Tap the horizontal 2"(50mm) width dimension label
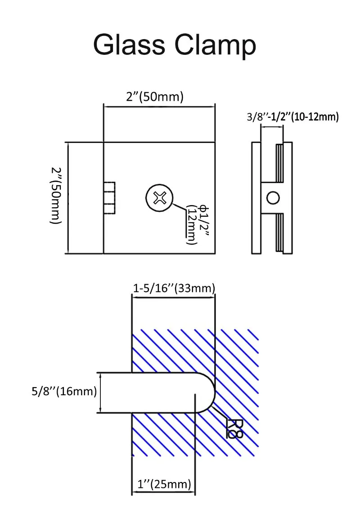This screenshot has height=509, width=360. click(x=154, y=97)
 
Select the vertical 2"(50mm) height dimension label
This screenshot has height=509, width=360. click(x=56, y=196)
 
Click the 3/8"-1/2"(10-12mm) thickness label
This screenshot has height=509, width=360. click(x=292, y=117)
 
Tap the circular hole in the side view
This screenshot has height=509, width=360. click(x=273, y=197)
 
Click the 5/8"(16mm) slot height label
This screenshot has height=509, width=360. click(x=64, y=391)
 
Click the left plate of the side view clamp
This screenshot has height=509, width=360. click(x=255, y=198)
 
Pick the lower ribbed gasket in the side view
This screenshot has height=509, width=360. click(x=279, y=232)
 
